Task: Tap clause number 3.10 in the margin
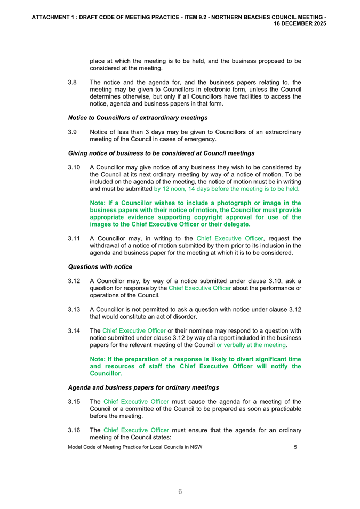pyautogui.click(x=74, y=167)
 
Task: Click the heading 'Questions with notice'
pyautogui.click(x=100, y=266)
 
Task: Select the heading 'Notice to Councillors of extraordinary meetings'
pyautogui.click(x=138, y=117)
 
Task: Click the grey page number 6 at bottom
pyautogui.click(x=180, y=491)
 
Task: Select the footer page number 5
pyautogui.click(x=295, y=447)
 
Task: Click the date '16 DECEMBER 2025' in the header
pyautogui.click(x=300, y=24)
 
